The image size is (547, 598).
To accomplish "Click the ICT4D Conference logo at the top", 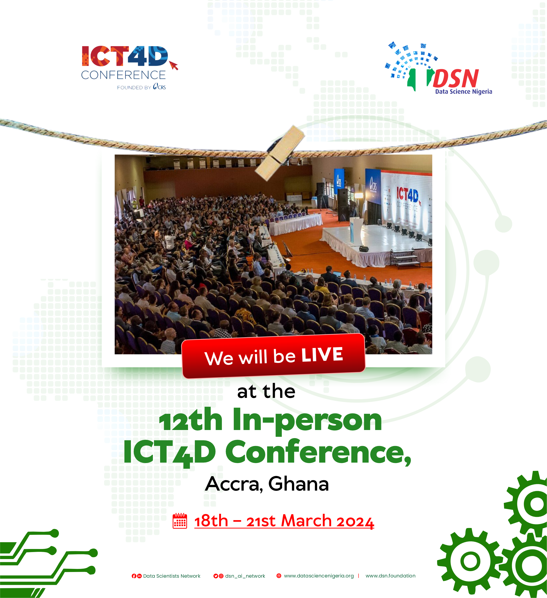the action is click(x=130, y=68).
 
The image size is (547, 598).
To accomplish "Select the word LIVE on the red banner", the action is click(x=322, y=355).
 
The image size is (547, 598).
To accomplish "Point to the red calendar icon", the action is click(x=180, y=521).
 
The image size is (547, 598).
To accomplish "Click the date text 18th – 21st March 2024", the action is click(x=284, y=521).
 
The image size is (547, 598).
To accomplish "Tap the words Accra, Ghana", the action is click(x=267, y=484).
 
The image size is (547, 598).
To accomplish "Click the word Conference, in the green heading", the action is click(x=318, y=452).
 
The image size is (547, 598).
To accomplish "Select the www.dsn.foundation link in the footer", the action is click(x=390, y=576).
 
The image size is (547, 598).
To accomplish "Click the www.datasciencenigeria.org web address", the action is click(x=319, y=576).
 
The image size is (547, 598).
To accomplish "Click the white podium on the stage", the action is click(x=356, y=232).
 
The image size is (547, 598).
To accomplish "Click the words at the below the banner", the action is click(x=266, y=392).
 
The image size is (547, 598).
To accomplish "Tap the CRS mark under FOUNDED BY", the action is click(x=159, y=87).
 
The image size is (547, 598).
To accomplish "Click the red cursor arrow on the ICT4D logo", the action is click(x=173, y=65).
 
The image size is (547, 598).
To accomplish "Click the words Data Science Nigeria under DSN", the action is click(x=464, y=92).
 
